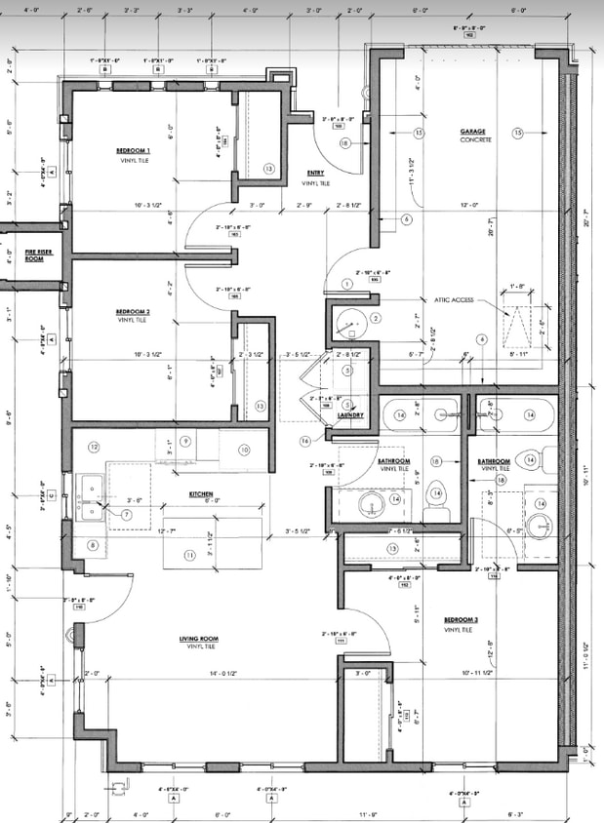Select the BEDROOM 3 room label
pyautogui.click(x=461, y=620)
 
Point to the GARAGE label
pyautogui.click(x=476, y=132)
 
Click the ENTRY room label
pyautogui.click(x=315, y=174)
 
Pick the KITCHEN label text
pyautogui.click(x=201, y=494)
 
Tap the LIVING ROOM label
pyautogui.click(x=198, y=640)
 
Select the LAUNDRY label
pyautogui.click(x=350, y=415)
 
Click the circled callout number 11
pyautogui.click(x=191, y=555)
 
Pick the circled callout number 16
pyautogui.click(x=305, y=441)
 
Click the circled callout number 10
pyautogui.click(x=244, y=450)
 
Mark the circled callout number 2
pyautogui.click(x=375, y=317)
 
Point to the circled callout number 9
pyautogui.click(x=183, y=441)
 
